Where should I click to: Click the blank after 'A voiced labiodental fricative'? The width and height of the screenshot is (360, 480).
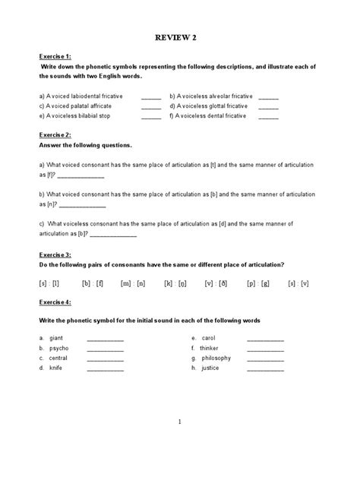[151, 97]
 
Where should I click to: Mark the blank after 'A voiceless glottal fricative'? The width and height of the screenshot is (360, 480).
[269, 107]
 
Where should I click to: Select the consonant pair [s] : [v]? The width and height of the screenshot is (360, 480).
[298, 283]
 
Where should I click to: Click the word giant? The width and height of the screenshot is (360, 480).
[56, 337]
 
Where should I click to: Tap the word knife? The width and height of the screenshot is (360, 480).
[56, 368]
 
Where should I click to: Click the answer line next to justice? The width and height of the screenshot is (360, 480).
[265, 368]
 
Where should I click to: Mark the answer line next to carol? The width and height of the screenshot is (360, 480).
[265, 338]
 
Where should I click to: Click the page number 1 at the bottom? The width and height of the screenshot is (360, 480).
[179, 422]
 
